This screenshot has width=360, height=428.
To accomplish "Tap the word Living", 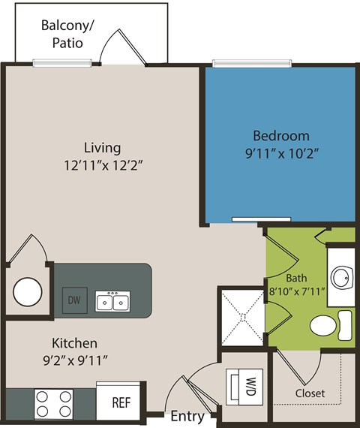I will (x=102, y=147).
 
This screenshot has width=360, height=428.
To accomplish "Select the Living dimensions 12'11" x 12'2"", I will (x=102, y=165).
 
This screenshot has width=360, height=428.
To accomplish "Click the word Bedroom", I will (x=280, y=136).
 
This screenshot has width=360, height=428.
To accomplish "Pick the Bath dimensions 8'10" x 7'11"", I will (x=296, y=291).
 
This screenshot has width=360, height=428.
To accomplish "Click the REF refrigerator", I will (x=121, y=402).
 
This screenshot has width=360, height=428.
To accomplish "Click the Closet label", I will (x=310, y=393).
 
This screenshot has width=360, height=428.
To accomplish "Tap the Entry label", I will (x=187, y=416).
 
